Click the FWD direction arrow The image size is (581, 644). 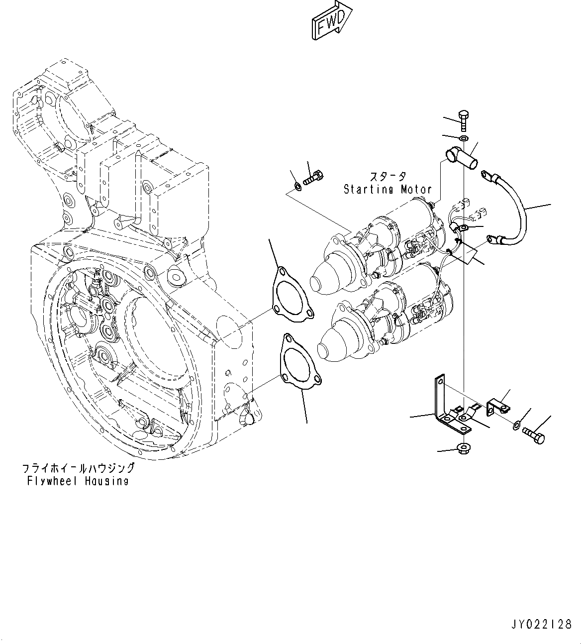tap(330, 20)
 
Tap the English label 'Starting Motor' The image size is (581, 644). tap(387, 189)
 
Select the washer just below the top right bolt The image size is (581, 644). tap(464, 137)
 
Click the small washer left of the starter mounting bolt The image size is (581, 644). tap(297, 187)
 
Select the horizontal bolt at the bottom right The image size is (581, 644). tap(534, 436)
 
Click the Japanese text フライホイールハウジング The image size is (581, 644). tap(78, 468)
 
